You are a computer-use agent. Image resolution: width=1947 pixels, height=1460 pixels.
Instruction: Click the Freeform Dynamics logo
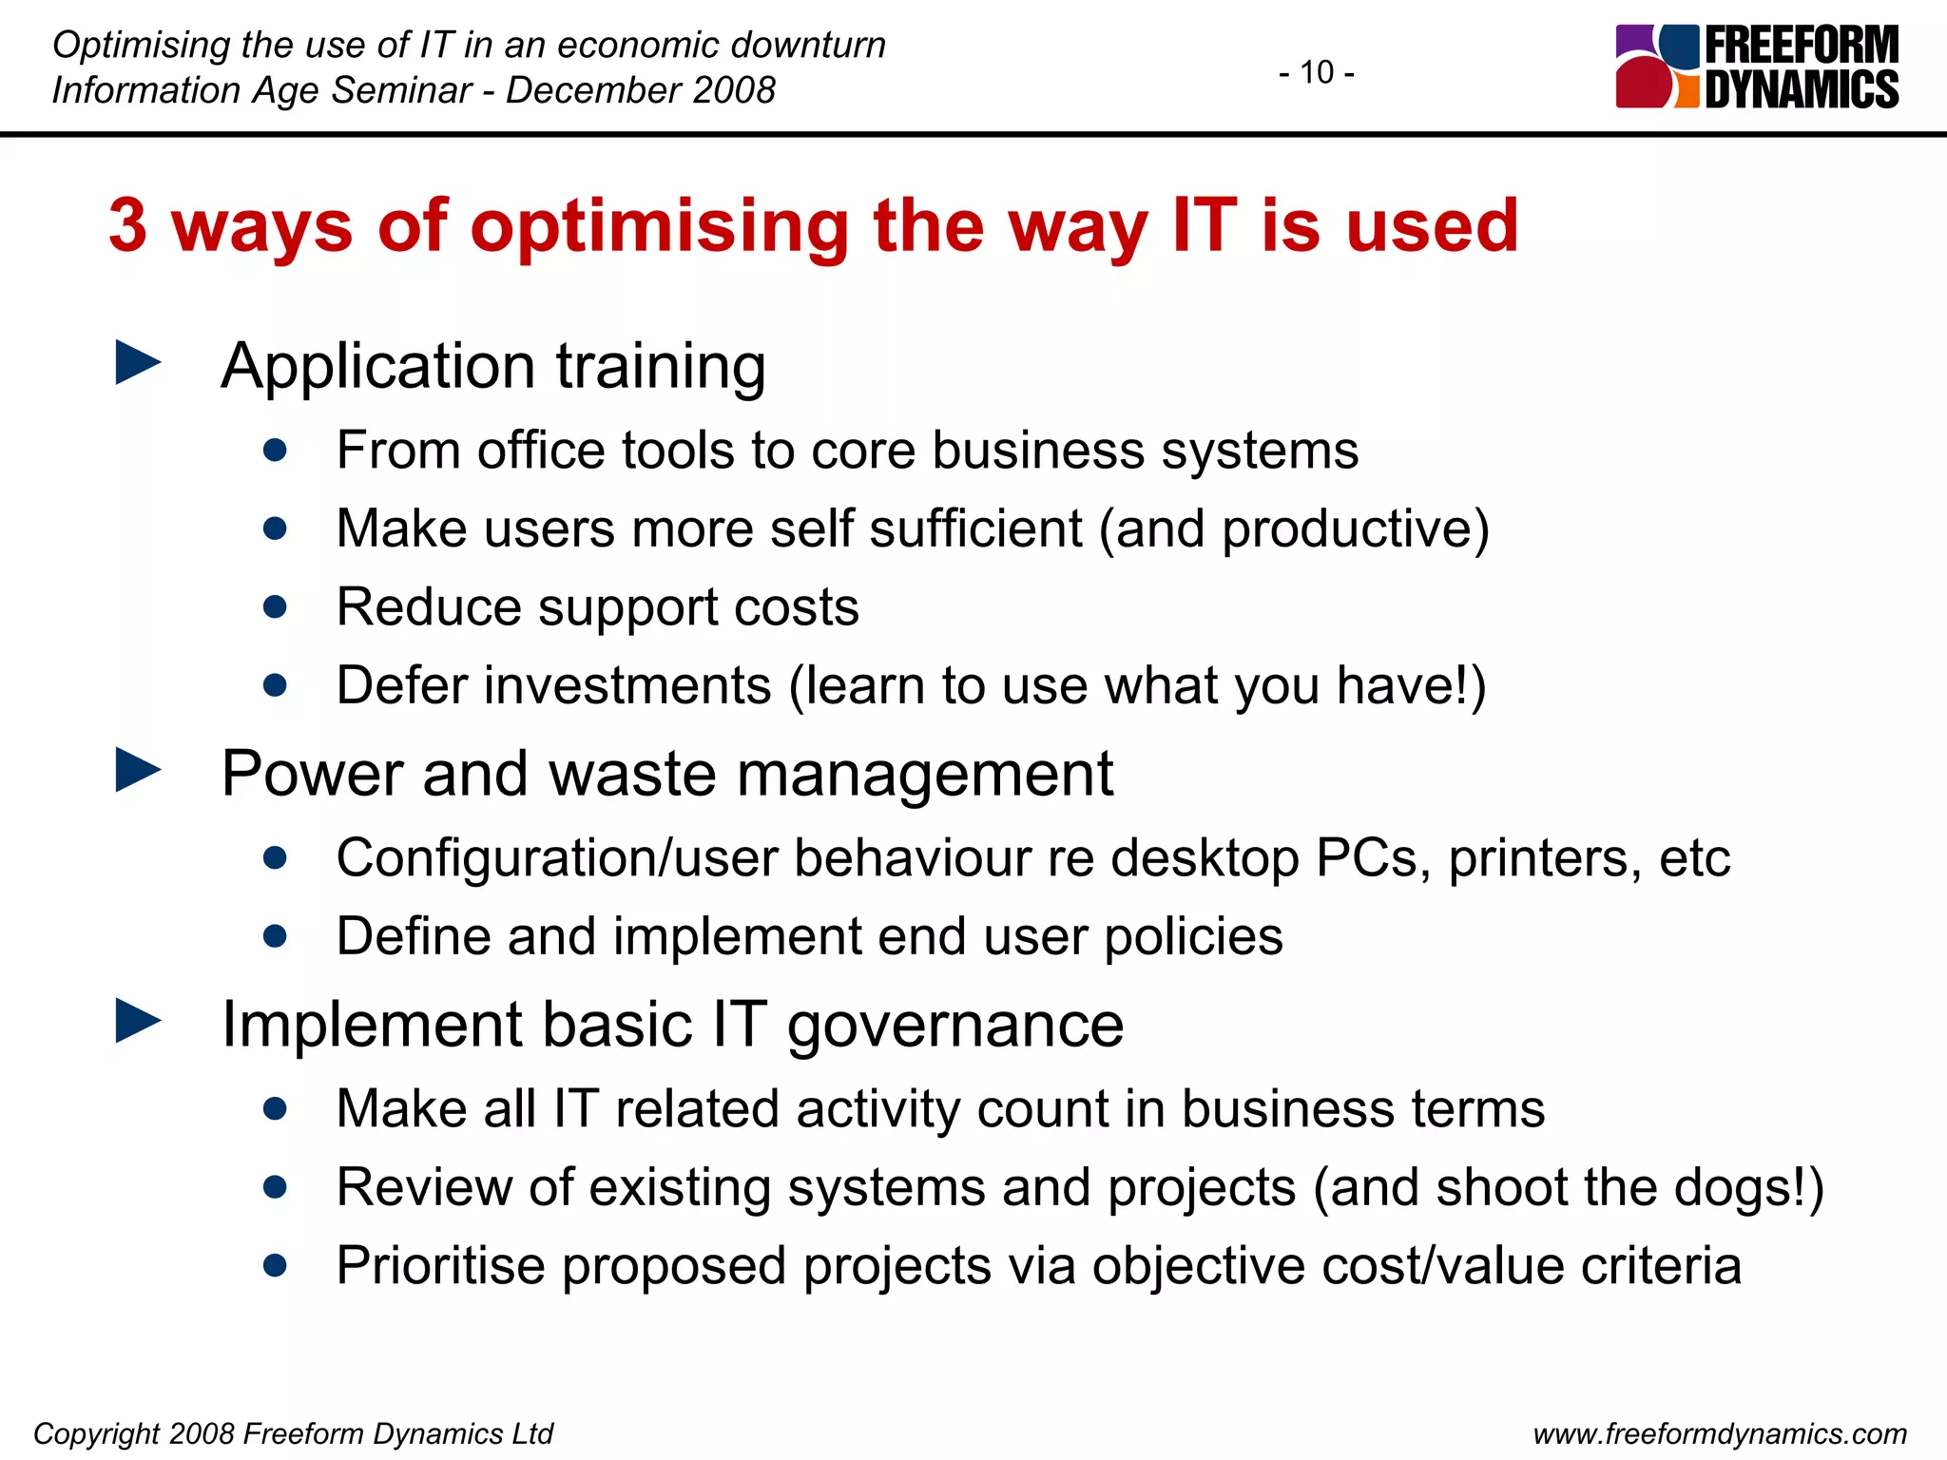click(1756, 67)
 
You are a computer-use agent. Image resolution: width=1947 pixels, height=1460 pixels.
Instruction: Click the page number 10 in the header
click(1317, 72)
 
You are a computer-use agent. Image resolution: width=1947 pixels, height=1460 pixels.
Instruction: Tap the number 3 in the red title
click(128, 226)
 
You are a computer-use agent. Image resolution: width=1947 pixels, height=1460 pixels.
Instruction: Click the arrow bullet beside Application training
click(138, 364)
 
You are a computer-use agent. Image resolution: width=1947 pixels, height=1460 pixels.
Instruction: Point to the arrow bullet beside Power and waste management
click(138, 770)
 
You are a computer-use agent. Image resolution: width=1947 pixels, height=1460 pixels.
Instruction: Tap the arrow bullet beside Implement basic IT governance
click(138, 1022)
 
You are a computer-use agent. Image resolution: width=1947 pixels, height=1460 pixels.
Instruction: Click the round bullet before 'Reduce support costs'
click(276, 606)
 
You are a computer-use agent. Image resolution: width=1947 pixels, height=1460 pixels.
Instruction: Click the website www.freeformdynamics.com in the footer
click(1720, 1433)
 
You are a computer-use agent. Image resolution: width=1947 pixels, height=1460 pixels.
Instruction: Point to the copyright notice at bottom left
click(293, 1433)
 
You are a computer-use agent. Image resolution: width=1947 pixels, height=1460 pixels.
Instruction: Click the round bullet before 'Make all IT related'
click(276, 1108)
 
